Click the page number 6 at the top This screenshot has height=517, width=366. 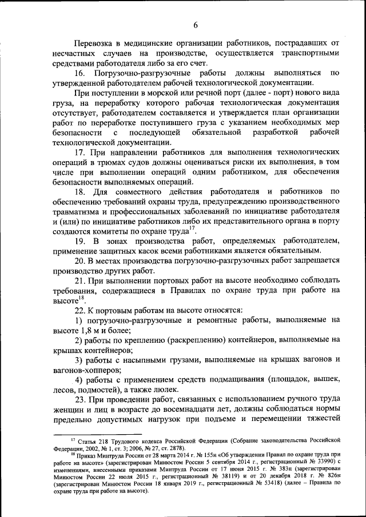pyautogui.click(x=194, y=25)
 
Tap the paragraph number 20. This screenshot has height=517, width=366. pyautogui.click(x=80, y=261)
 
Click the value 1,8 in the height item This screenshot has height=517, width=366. pyautogui.click(x=85, y=331)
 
